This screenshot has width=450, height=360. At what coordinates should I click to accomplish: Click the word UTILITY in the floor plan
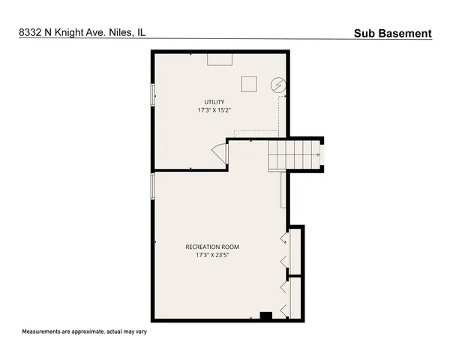[x=215, y=102]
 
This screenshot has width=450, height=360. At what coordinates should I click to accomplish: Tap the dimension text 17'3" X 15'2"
[x=215, y=111]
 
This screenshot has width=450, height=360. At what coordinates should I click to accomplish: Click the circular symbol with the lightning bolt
[x=278, y=85]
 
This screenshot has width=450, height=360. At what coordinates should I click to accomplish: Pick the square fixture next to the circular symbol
[x=249, y=84]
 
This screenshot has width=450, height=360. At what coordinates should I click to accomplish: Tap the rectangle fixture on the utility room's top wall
[x=220, y=58]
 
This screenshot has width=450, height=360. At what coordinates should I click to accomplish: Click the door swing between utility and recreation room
[x=219, y=153]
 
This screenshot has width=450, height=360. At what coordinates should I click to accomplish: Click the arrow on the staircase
[x=319, y=155]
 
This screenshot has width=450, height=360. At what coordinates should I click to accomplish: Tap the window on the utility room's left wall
[x=153, y=95]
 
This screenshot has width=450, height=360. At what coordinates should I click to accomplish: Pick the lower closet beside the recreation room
[x=295, y=298]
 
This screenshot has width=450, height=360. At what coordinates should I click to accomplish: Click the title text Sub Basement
[x=393, y=33]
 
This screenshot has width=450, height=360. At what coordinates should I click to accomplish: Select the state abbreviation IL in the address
[x=141, y=33]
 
